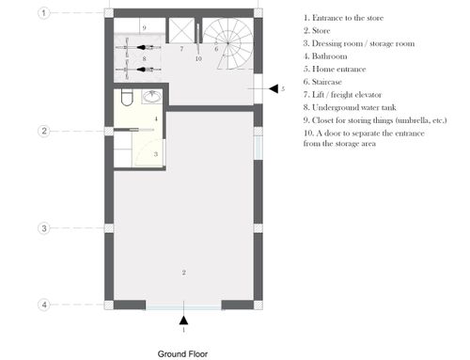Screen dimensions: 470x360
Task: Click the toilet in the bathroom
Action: [x=127, y=97]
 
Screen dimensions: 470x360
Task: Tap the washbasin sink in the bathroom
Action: [x=152, y=97]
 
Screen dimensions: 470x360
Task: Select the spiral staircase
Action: [x=227, y=43]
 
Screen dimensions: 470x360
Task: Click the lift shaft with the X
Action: [x=181, y=30]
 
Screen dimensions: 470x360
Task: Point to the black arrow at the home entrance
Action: [x=274, y=88]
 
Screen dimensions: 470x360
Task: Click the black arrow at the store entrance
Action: [x=183, y=320]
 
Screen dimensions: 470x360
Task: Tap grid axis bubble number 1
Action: [x=44, y=13]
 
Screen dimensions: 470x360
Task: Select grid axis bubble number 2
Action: [x=44, y=131]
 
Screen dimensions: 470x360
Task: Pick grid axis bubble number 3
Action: [x=44, y=228]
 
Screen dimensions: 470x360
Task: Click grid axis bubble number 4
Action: [x=44, y=305]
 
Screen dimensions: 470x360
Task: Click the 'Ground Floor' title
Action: [x=182, y=354]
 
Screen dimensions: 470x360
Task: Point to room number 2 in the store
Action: [x=184, y=273]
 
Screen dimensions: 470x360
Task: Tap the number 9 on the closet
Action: [x=144, y=27]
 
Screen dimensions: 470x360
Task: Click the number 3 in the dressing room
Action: [x=156, y=154]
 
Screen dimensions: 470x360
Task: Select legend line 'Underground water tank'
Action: [x=350, y=107]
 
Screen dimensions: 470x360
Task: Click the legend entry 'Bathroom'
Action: [x=325, y=56]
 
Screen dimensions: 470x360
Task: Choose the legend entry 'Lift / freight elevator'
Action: [x=342, y=95]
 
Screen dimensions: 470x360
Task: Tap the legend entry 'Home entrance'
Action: [x=335, y=69]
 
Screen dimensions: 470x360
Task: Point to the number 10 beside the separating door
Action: [x=198, y=58]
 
